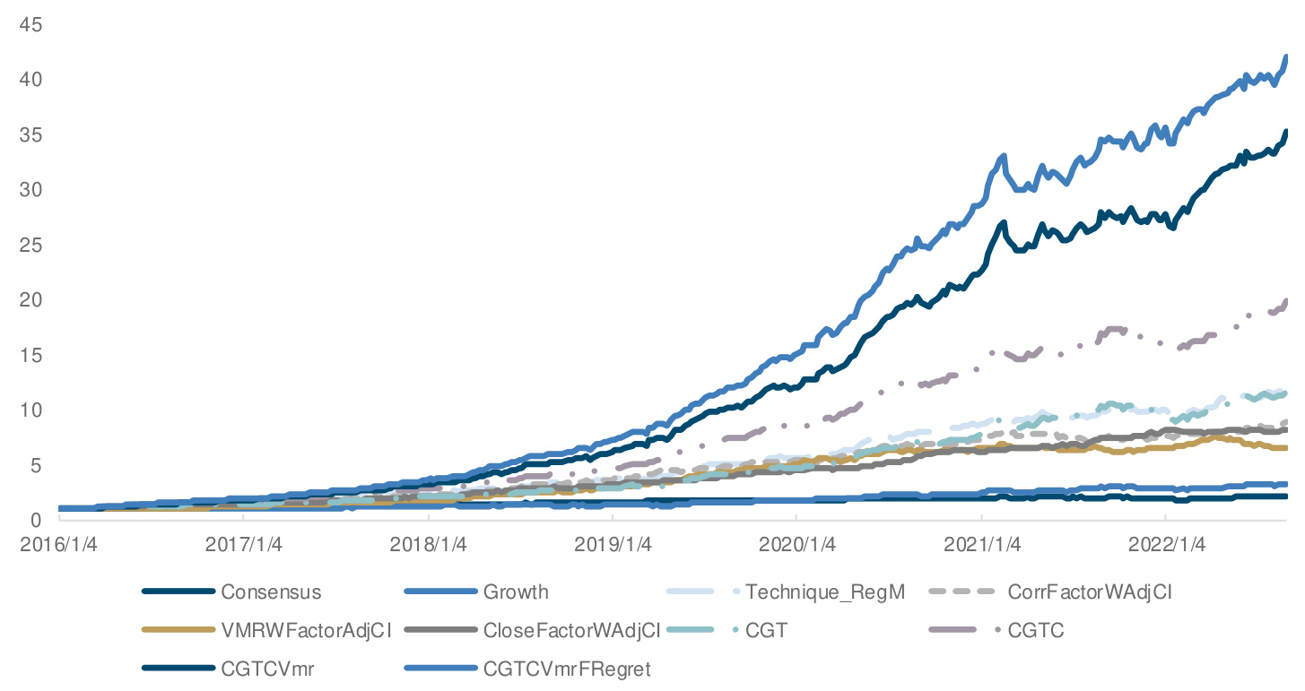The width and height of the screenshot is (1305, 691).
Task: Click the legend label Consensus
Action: [271, 592]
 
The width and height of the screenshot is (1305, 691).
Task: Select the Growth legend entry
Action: [516, 592]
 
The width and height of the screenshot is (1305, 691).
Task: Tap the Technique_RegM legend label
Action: [825, 592]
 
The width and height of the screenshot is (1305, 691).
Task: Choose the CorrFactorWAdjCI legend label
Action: [1090, 592]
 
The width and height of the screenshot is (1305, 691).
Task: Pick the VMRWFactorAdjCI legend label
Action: [306, 630]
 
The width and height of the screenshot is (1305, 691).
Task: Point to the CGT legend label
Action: [766, 630]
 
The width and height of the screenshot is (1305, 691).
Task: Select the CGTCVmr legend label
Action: [267, 669]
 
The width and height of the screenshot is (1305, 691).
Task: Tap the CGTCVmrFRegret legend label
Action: [567, 669]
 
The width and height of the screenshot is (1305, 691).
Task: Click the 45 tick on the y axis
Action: [31, 24]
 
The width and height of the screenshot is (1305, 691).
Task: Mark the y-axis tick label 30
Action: [31, 189]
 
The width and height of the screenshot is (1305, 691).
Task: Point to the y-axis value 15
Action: [31, 355]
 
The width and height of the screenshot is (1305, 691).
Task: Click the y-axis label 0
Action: [37, 520]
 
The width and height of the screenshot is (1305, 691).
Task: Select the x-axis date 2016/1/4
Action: [58, 545]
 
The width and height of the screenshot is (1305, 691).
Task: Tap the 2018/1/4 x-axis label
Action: [428, 545]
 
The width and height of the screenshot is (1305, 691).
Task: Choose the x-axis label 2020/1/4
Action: [796, 545]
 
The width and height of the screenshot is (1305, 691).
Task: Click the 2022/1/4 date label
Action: [1165, 545]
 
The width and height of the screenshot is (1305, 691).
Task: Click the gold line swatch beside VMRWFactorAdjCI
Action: [179, 630]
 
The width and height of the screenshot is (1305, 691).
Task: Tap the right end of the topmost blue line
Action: [1287, 57]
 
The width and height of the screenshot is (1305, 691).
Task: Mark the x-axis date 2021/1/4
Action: [981, 545]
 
